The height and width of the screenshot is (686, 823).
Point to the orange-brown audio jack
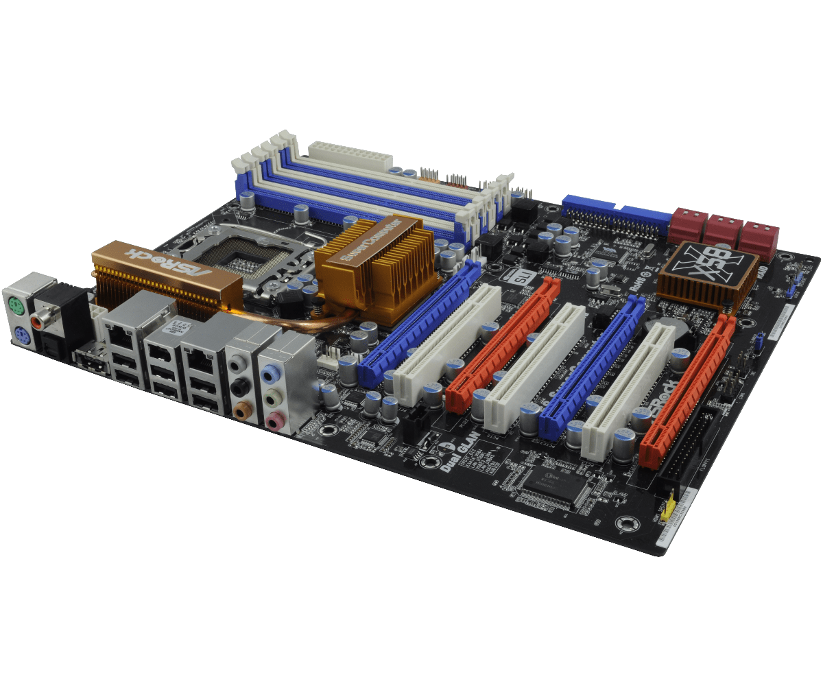[241, 412]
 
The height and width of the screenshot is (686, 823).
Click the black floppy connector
[691, 446]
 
